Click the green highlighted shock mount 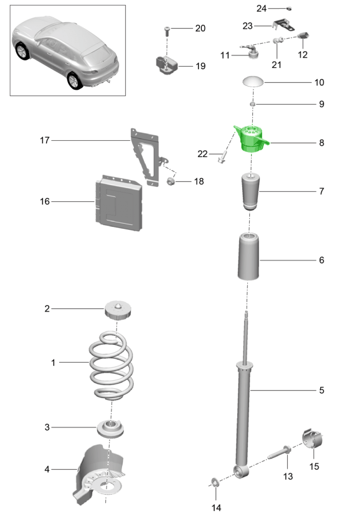pos(251,139)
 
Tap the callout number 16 pos(45,201)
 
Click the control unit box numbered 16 pos(119,203)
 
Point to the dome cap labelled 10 pos(253,82)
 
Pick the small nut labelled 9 pos(252,104)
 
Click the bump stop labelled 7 pos(250,192)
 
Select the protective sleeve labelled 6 pos(249,257)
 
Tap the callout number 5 pos(321,390)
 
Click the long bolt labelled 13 pos(279,452)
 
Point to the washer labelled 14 pos(215,483)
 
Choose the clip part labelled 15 pos(312,439)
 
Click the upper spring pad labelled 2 pos(118,310)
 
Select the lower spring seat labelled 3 pos(110,429)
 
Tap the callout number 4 pos(47,469)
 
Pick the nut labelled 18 pos(170,181)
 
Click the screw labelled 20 pos(167,30)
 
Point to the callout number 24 pos(261,8)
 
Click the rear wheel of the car pos(75,80)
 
